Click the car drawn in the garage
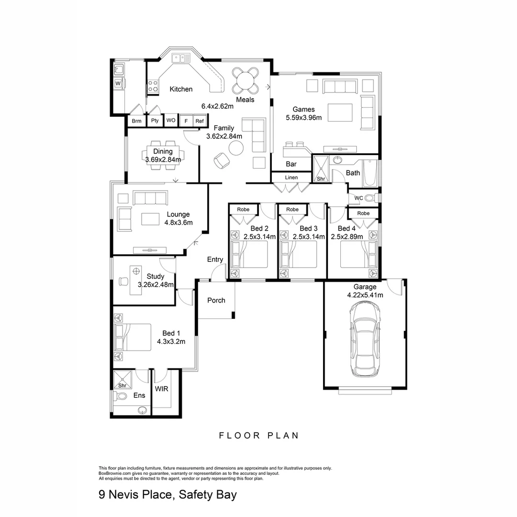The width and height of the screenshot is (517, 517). pos(366,340)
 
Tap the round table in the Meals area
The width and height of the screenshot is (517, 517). pos(245,81)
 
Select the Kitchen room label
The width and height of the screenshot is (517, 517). pos(181,89)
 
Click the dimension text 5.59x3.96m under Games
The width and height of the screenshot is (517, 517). pos(303,117)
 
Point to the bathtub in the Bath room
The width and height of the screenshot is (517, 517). pos(370,173)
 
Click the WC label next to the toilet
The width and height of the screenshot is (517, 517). pos(358,198)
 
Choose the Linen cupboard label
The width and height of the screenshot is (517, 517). pos(291,178)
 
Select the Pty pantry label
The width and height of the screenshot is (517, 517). pos(155,121)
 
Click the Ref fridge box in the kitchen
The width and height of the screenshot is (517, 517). pos(199,121)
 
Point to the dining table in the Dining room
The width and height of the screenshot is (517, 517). pos(163,156)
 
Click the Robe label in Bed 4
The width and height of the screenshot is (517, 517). pos(363,213)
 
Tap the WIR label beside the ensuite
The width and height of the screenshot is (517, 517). pos(161,389)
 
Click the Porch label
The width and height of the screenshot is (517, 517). pos(216,300)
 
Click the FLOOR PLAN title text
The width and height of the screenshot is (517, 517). pos(259,436)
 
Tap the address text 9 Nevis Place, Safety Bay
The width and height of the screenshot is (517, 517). pos(168,495)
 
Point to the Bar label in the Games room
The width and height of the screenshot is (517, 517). pos(291,164)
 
